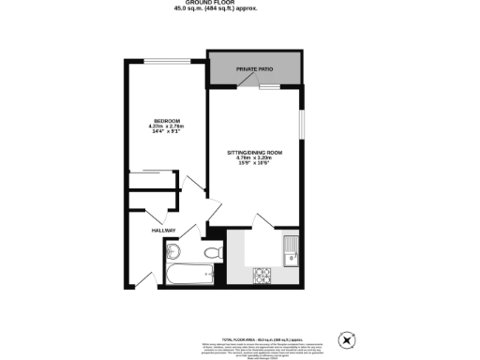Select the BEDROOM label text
tap(167, 121)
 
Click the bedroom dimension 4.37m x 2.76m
tap(167, 127)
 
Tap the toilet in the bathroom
tap(212, 252)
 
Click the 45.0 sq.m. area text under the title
tap(215, 9)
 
